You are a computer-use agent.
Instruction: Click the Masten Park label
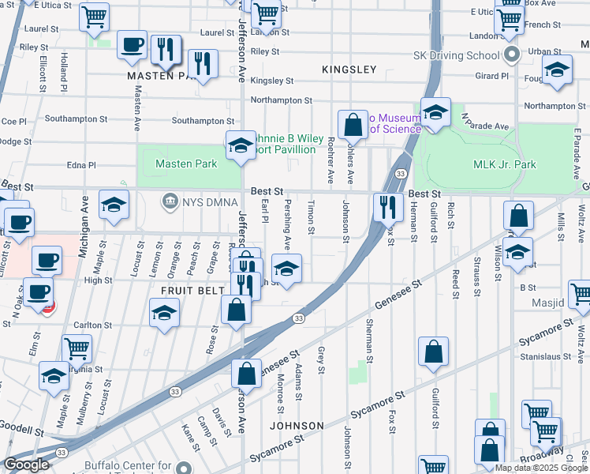(x=186, y=164)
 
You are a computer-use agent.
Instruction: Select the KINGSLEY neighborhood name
(x=349, y=70)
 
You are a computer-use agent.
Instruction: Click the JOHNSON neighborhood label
(x=297, y=426)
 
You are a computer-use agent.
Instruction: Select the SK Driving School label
(x=457, y=56)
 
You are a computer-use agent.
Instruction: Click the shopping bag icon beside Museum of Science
(x=352, y=125)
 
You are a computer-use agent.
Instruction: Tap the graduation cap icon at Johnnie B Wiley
(x=241, y=145)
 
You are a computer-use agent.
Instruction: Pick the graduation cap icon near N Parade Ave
(x=435, y=112)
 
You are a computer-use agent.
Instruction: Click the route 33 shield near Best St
(x=401, y=174)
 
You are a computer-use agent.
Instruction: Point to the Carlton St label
(x=93, y=325)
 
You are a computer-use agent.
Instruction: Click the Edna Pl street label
(x=81, y=165)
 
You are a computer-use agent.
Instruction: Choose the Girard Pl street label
(x=492, y=76)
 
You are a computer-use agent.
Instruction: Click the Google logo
(x=28, y=465)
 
